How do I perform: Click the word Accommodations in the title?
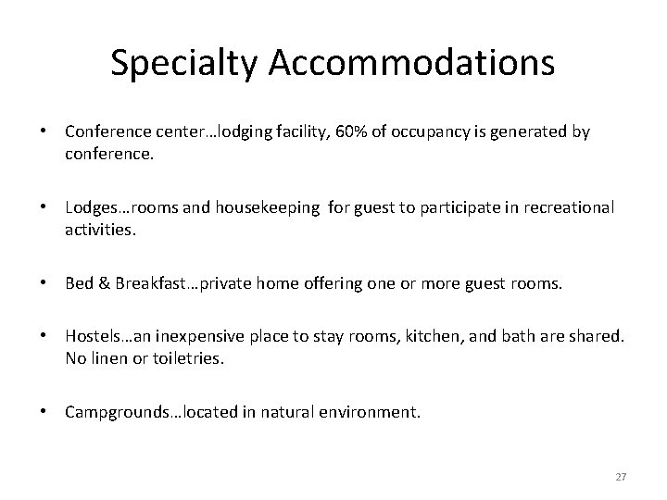pyautogui.click(x=413, y=63)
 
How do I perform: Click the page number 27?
pyautogui.click(x=621, y=477)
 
